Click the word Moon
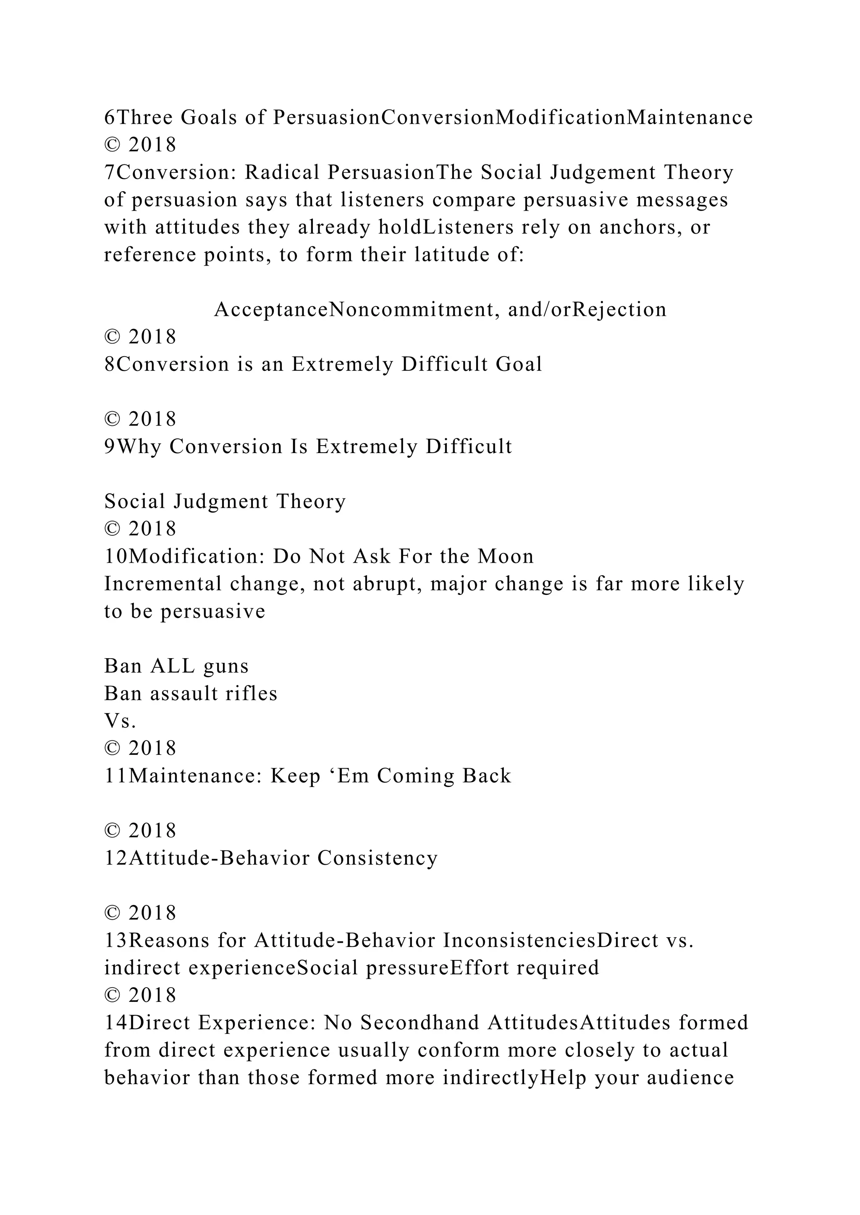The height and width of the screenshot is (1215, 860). (505, 556)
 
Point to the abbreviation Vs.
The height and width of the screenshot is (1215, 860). (120, 721)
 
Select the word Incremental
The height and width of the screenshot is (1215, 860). (163, 584)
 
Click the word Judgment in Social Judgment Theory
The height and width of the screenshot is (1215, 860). (221, 501)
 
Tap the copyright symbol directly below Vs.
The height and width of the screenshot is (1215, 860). (112, 748)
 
